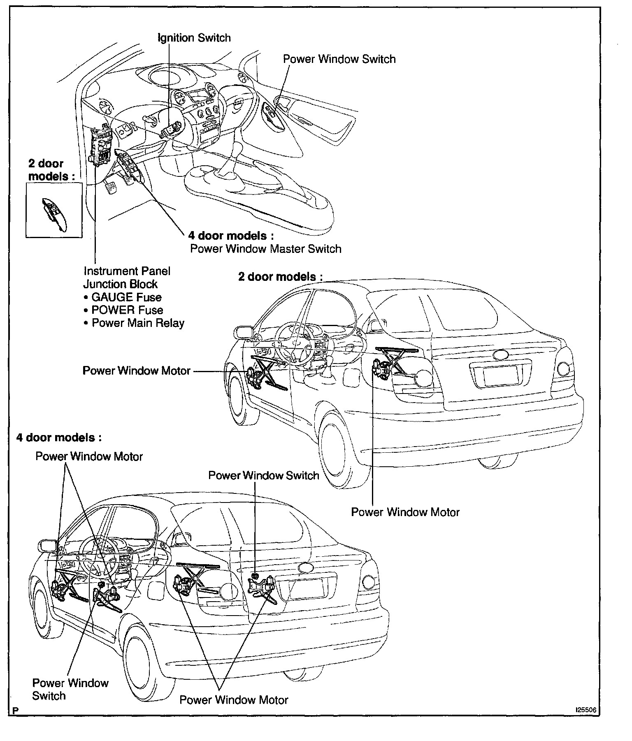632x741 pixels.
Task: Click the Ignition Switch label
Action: tap(194, 38)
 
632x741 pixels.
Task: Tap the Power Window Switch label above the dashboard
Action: tap(339, 59)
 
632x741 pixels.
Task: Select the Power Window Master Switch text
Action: tap(265, 249)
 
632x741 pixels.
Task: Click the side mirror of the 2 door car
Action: tap(243, 333)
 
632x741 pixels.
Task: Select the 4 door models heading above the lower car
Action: tap(59, 438)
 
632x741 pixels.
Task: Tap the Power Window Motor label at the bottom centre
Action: tap(234, 700)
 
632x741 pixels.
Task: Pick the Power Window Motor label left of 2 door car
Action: tap(136, 370)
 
